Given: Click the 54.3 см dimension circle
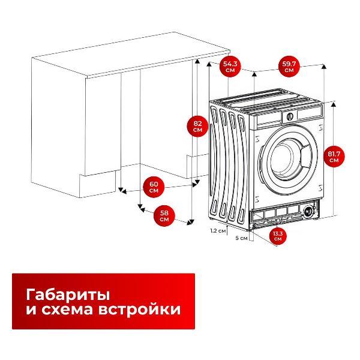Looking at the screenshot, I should point(230,66).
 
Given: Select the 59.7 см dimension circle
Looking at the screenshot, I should point(290,66).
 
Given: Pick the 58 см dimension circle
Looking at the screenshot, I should point(164,215).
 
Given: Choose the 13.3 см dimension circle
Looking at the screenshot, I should point(277,236).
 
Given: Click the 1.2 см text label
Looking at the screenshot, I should point(218,230).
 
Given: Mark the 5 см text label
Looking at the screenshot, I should point(241,238).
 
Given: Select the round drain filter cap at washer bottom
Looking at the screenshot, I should point(310,211).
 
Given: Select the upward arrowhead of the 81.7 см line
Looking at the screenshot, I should point(325,65).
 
